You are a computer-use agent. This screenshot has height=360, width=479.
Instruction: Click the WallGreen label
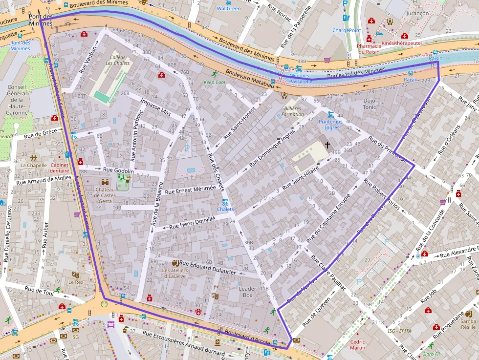tap(229, 9)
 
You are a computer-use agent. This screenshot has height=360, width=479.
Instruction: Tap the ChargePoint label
tap(347, 30)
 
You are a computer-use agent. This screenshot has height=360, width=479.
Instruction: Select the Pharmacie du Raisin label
tap(369, 48)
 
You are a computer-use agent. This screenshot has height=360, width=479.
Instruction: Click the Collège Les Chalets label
tap(118, 61)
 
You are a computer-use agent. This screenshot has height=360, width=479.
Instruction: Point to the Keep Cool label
tap(214, 83)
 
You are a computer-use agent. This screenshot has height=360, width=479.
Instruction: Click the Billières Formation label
tap(292, 111)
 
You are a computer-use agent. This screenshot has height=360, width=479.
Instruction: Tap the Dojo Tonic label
tap(370, 104)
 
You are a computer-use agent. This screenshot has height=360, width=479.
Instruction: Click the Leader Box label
tap(247, 292)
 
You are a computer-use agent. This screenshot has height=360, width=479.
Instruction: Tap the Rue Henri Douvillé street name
tap(192, 223)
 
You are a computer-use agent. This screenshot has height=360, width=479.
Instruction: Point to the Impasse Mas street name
tap(154, 107)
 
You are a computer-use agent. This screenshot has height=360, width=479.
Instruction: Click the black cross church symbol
tap(327, 145)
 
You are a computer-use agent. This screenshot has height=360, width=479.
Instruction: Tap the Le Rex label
tap(75, 282)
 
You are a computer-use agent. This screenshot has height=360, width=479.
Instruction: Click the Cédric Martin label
tap(357, 344)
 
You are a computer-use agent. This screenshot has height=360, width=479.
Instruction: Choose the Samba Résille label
tap(468, 324)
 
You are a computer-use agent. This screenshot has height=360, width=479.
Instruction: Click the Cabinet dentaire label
tap(59, 168)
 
